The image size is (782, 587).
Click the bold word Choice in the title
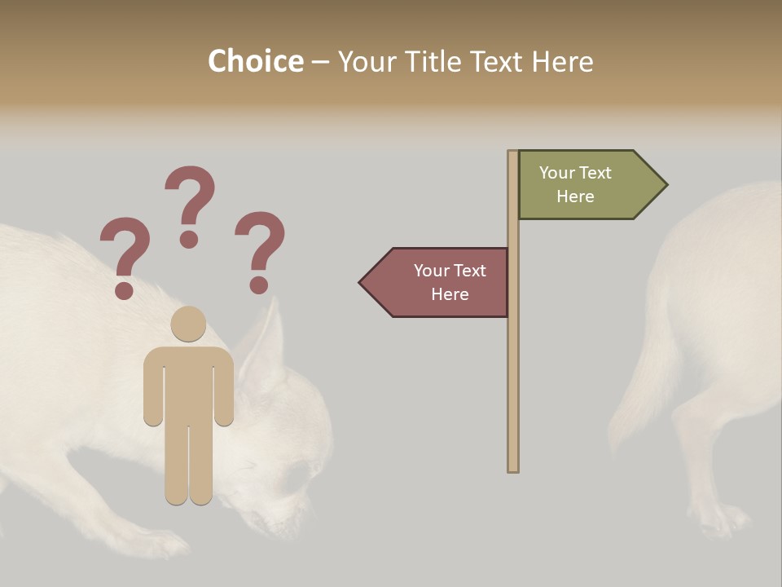point(255,62)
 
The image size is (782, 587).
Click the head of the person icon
point(188,324)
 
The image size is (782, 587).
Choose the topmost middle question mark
point(190,205)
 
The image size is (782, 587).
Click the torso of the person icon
point(188,383)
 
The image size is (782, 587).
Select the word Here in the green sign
point(575,196)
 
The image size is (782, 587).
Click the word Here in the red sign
point(450,294)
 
